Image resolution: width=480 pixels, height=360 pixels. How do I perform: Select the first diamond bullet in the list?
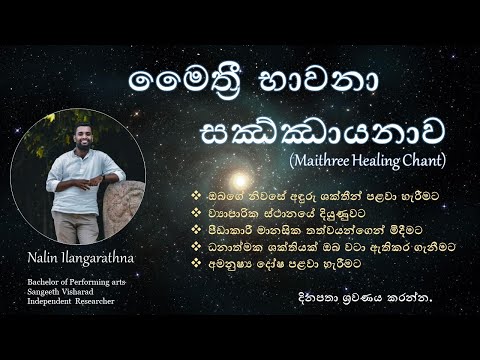tap(181, 185)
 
